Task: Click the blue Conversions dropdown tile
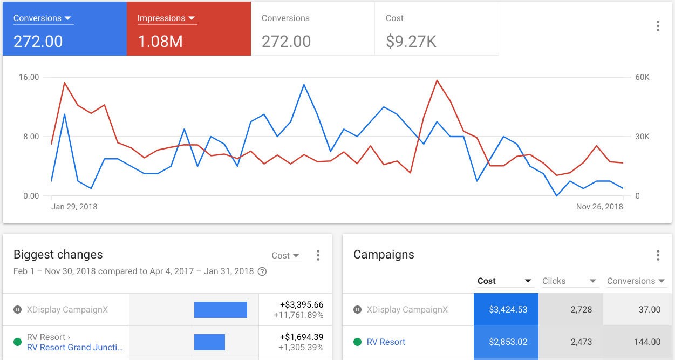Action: pyautogui.click(x=65, y=29)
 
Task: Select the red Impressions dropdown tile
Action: pyautogui.click(x=189, y=29)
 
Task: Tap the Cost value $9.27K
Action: pyautogui.click(x=411, y=42)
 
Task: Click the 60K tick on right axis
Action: pyautogui.click(x=642, y=77)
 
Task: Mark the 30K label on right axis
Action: pyautogui.click(x=642, y=137)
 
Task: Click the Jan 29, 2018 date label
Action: pyautogui.click(x=74, y=207)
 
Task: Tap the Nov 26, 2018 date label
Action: pyautogui.click(x=599, y=207)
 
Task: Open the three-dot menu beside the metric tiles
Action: pyautogui.click(x=658, y=26)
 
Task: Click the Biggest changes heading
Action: pyautogui.click(x=58, y=255)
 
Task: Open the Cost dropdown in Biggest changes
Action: pyautogui.click(x=286, y=256)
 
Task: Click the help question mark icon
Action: pyautogui.click(x=262, y=271)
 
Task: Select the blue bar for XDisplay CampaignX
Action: pyautogui.click(x=220, y=310)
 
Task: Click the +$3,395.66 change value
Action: pyautogui.click(x=301, y=305)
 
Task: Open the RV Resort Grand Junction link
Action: pyautogui.click(x=75, y=347)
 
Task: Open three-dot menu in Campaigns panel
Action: pyautogui.click(x=658, y=255)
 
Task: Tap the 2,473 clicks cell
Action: pyautogui.click(x=570, y=342)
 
